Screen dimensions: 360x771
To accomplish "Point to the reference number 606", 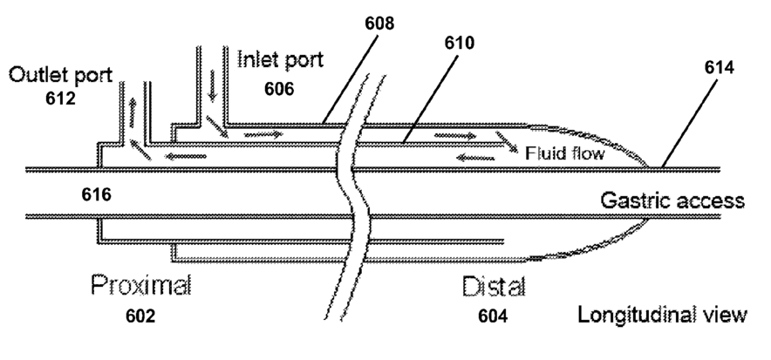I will pos(280,89).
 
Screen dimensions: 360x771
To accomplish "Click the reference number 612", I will pos(59,98).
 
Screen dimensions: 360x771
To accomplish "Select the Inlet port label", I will pos(281,60).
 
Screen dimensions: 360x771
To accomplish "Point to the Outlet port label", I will pos(60,75).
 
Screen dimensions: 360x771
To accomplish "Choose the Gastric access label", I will pos(672,200).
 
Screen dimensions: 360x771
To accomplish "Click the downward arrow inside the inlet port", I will pos(211,87).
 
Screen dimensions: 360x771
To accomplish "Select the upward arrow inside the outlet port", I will pos(131,110).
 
